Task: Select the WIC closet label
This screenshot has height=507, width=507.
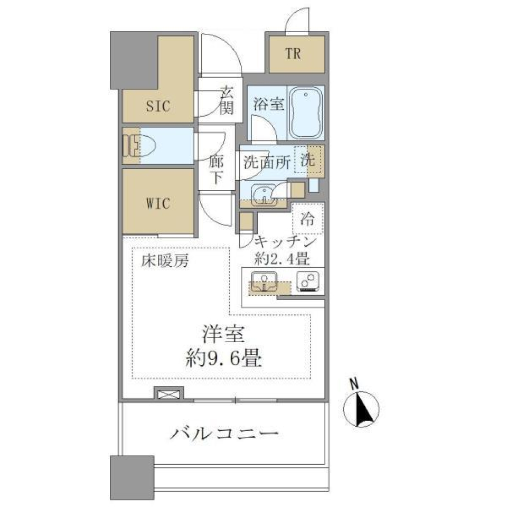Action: [x=158, y=204]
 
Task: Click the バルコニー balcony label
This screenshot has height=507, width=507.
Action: [x=224, y=435]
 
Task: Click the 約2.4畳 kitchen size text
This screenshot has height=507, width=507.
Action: [x=281, y=259]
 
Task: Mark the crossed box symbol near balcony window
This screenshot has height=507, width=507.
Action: [x=168, y=394]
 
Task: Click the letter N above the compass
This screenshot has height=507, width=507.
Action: [x=355, y=383]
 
